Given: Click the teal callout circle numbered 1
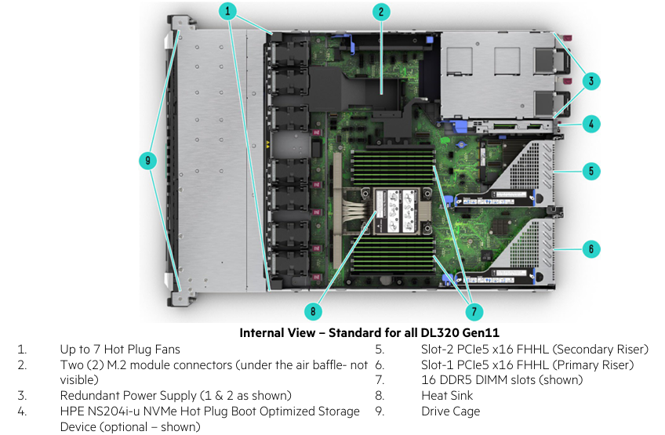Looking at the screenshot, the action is pyautogui.click(x=227, y=11).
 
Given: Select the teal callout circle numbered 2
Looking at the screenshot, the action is pyautogui.click(x=380, y=11).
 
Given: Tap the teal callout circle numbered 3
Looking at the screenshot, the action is pyautogui.click(x=592, y=80).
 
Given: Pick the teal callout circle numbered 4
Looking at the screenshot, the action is pyautogui.click(x=592, y=123).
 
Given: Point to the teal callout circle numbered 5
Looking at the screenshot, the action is pyautogui.click(x=592, y=170).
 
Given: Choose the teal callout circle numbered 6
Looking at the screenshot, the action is pyautogui.click(x=592, y=249).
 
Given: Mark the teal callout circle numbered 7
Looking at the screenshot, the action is pyautogui.click(x=474, y=312).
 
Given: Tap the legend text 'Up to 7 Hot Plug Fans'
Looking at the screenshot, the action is pyautogui.click(x=120, y=349).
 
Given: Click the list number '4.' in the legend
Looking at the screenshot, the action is pyautogui.click(x=22, y=411).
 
